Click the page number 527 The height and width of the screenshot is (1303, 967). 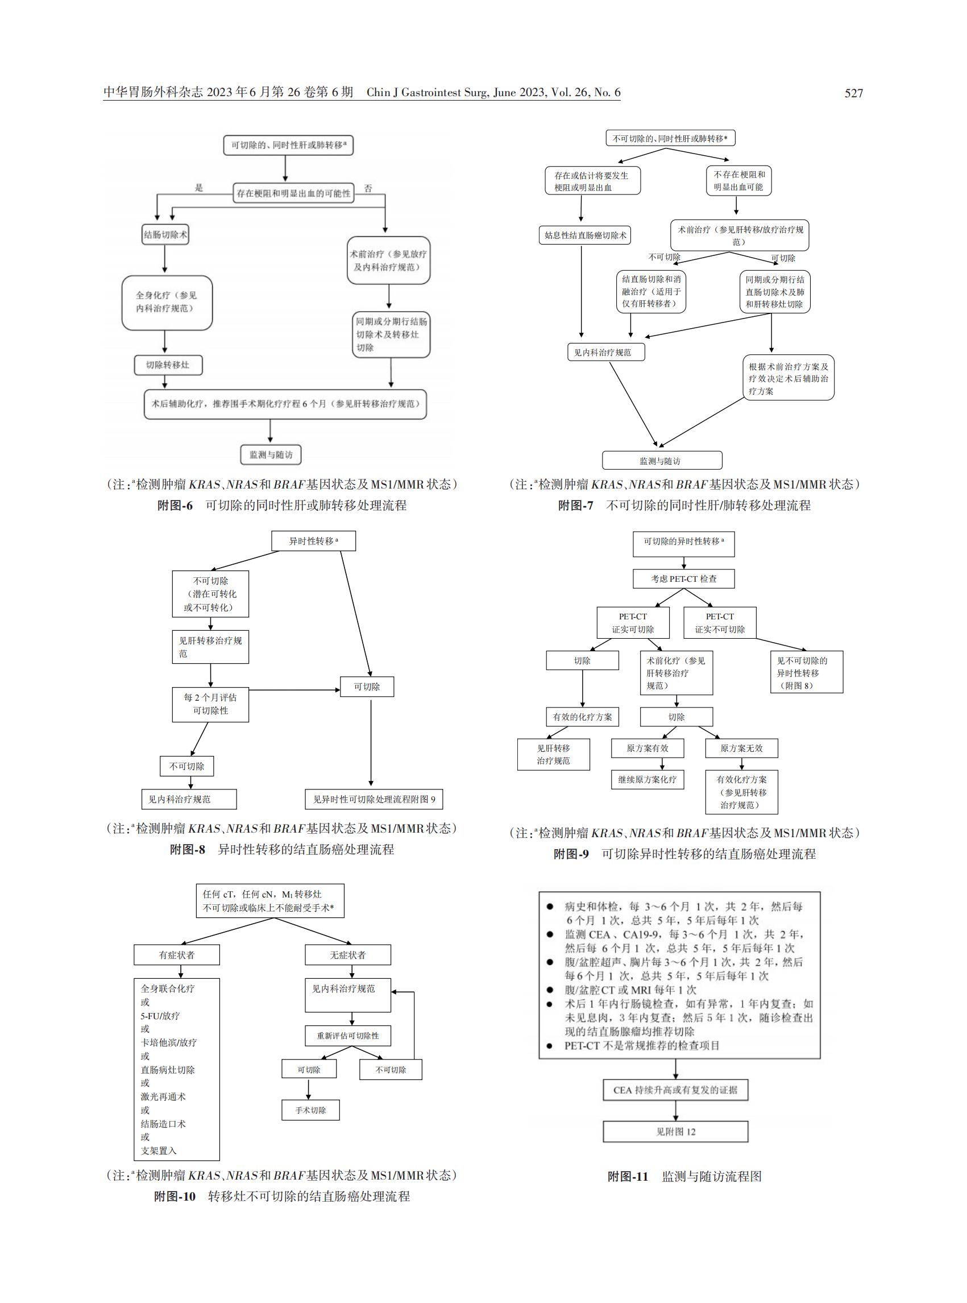click(x=853, y=93)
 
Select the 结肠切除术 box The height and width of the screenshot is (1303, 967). click(x=165, y=235)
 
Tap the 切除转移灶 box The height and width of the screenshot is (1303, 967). click(x=168, y=365)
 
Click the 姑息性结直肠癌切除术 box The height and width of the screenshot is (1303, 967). click(x=585, y=235)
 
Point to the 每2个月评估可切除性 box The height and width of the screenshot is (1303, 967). click(x=211, y=705)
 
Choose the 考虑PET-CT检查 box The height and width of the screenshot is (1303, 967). click(x=684, y=578)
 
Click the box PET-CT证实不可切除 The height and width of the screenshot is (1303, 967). click(x=720, y=623)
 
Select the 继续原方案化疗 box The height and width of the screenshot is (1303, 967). click(x=648, y=779)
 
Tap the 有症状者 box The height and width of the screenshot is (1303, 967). click(x=177, y=954)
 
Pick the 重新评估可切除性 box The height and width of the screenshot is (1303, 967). click(x=348, y=1035)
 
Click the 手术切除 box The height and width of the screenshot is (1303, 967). click(x=311, y=1110)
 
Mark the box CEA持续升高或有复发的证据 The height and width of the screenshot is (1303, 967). click(x=675, y=1090)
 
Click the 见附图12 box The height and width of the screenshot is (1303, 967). click(x=675, y=1131)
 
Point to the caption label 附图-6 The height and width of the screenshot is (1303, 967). click(x=175, y=506)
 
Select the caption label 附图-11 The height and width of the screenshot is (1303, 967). click(x=628, y=1177)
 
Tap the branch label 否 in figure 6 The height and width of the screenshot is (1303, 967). click(x=368, y=188)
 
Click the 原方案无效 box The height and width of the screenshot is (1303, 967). click(x=742, y=748)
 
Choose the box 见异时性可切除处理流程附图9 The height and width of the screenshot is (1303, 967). click(x=374, y=799)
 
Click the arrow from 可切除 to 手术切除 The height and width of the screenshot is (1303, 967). click(x=309, y=1090)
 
